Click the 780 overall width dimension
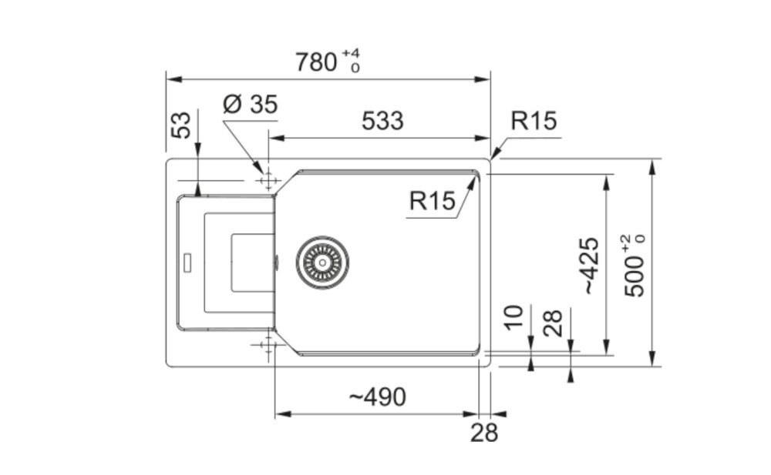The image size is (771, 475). click(x=315, y=62)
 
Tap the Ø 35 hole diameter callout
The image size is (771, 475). click(x=251, y=104)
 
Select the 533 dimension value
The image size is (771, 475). click(x=382, y=121)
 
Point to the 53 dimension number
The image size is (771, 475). click(x=180, y=125)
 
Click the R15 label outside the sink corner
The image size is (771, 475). click(x=534, y=121)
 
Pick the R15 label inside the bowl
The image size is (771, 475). click(x=433, y=200)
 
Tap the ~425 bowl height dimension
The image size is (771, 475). click(x=591, y=266)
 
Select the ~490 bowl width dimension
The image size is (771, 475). click(x=378, y=396)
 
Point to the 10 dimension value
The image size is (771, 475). click(x=513, y=318)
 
